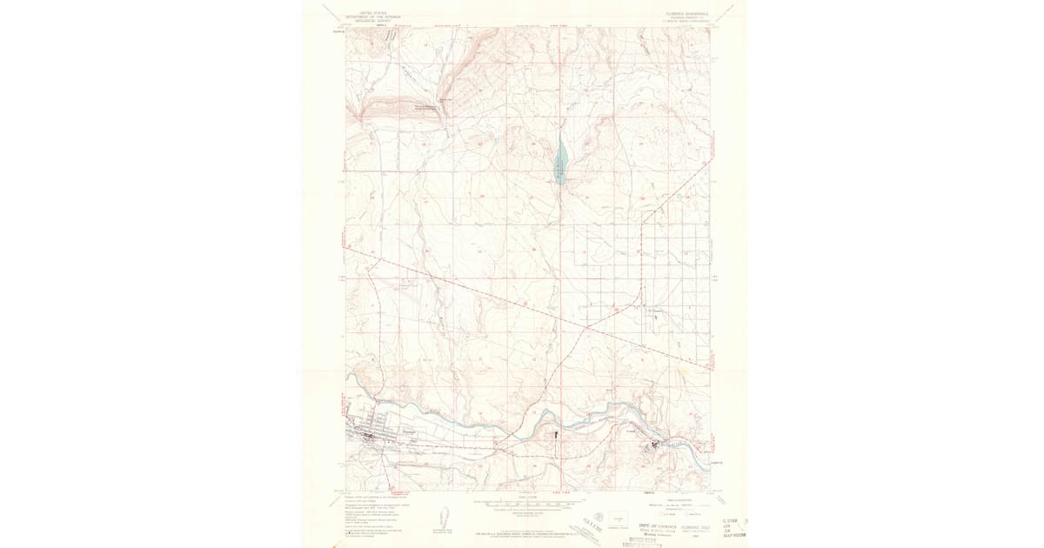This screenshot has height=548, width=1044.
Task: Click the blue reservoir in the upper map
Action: click(x=560, y=162)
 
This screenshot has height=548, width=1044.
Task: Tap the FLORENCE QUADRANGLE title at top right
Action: click(x=687, y=12)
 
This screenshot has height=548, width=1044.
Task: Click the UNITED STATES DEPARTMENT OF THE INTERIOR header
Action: click(x=367, y=13)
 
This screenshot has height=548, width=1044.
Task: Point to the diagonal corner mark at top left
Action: click(x=327, y=12)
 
